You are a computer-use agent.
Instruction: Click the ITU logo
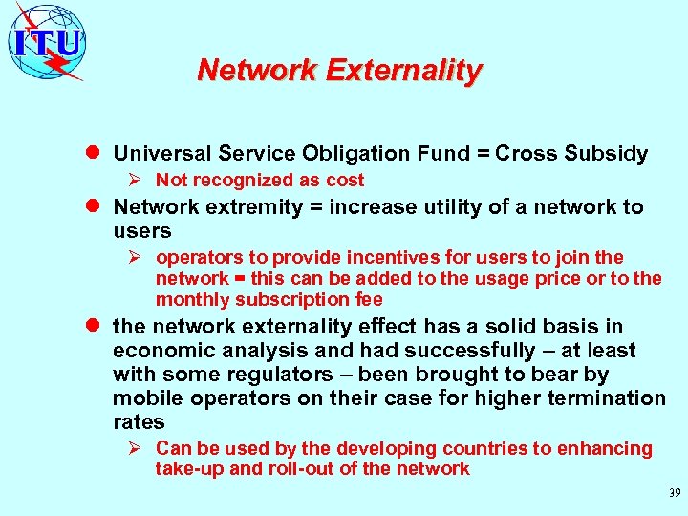point(46,41)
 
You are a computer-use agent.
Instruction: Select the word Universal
point(161,154)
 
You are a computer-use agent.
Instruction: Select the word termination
point(602,398)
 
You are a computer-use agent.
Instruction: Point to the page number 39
point(674,493)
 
